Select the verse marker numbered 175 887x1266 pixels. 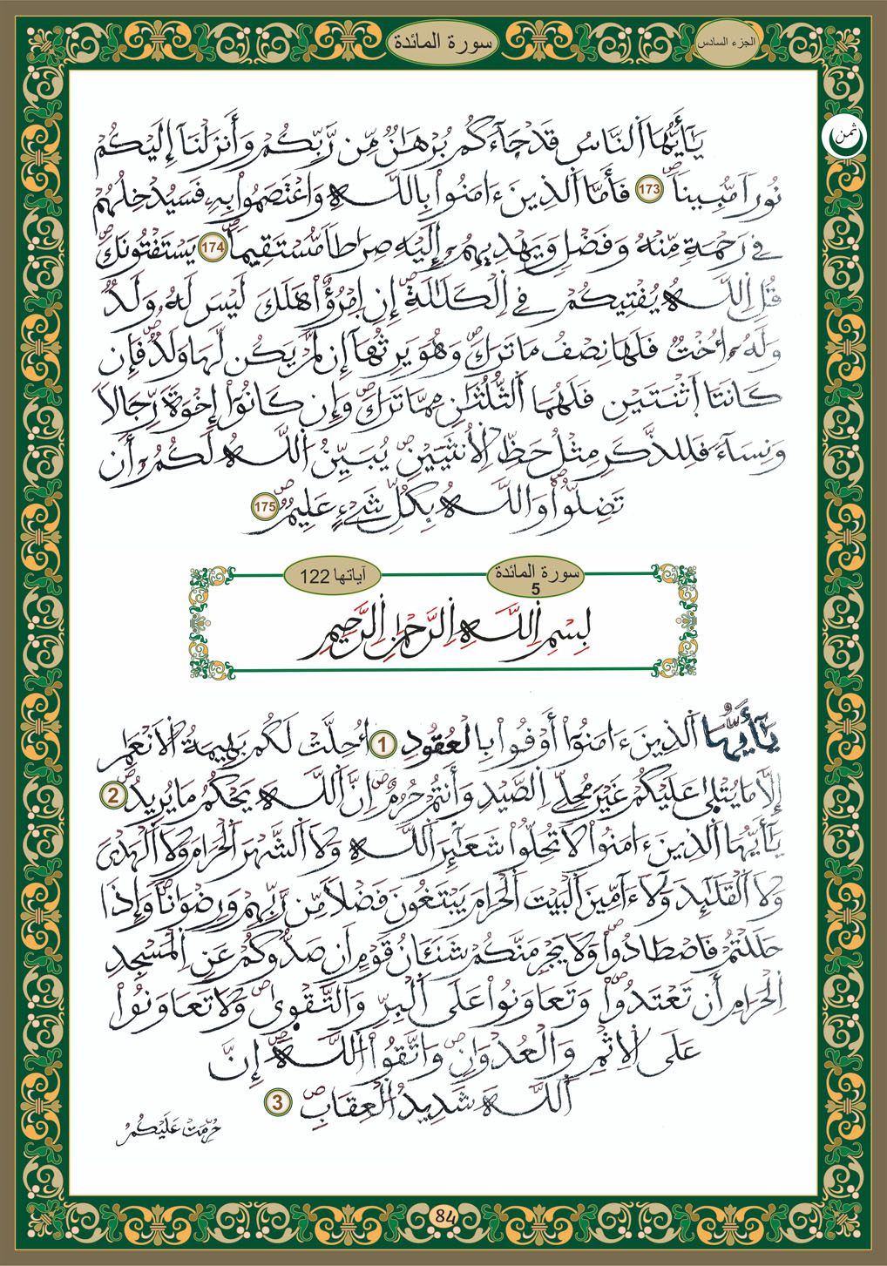click(264, 506)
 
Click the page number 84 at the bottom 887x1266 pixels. click(443, 1215)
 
